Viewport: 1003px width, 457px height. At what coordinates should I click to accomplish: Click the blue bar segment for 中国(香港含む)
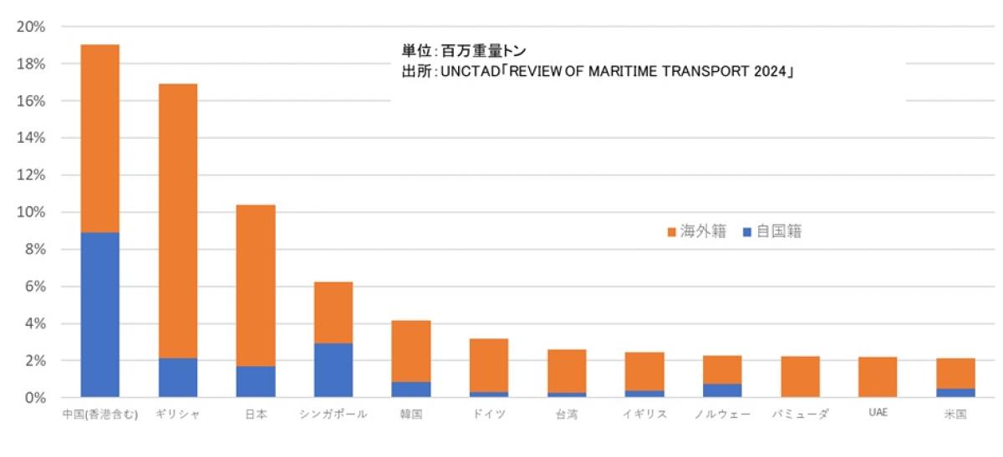[x=99, y=314]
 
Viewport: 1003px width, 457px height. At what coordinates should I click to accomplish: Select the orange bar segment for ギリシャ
[x=177, y=221]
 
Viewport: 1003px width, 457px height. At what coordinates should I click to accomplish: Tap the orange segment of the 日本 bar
[x=255, y=285]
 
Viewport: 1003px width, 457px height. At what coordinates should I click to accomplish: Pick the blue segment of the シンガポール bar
[x=333, y=370]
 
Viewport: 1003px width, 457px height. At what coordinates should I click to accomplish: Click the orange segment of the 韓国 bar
[x=410, y=351]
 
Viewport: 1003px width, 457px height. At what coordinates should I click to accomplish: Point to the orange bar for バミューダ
[x=800, y=377]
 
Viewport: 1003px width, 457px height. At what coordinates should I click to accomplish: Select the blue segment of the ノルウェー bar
[x=722, y=390]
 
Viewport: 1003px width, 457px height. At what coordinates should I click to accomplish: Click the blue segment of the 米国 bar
[x=955, y=393]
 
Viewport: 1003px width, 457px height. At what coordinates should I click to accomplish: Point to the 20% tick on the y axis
[x=31, y=27]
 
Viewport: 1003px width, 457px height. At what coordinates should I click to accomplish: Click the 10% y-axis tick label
[x=31, y=212]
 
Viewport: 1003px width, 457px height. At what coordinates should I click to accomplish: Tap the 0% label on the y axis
[x=34, y=398]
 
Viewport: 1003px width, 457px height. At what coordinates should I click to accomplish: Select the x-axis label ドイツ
[x=488, y=415]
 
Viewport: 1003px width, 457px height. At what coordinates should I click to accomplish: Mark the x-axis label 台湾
[x=566, y=415]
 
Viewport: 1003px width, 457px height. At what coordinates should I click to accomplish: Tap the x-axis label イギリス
[x=644, y=415]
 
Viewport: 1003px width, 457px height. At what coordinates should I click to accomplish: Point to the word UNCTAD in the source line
[x=469, y=73]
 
